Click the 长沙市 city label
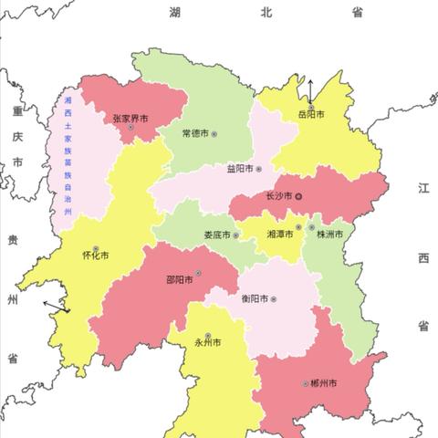278,196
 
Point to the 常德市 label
194,134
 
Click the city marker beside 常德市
214,134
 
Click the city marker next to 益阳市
258,169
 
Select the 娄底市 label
215,235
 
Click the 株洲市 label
328,235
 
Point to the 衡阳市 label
255,299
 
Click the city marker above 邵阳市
197,273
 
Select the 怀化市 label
96,255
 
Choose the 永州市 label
208,345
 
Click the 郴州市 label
325,383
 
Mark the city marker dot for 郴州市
306,383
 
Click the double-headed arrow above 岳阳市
311,90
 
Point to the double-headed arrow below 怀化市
57,306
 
